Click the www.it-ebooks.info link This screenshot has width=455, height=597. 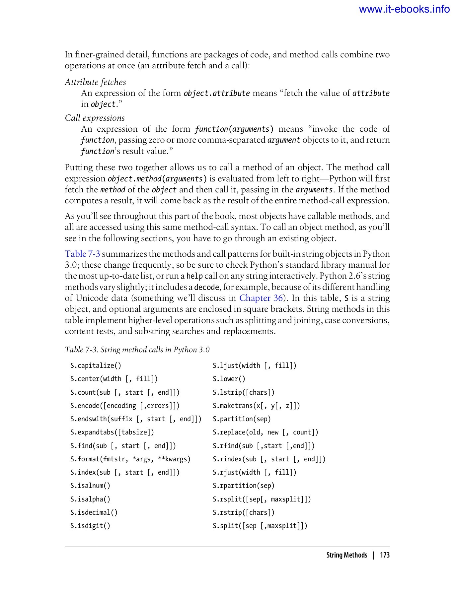404,9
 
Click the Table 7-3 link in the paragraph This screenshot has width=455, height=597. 82,254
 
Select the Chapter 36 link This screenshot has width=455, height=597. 261,298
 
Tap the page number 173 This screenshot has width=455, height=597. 385,555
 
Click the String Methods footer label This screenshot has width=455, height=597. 347,555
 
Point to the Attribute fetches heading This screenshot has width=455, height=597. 95,82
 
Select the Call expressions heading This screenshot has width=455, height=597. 95,118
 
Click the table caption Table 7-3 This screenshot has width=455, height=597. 137,350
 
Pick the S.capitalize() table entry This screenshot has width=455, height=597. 96,366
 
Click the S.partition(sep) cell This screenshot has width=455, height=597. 242,419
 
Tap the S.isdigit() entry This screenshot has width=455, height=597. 90,526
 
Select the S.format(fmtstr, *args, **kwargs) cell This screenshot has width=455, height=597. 130,459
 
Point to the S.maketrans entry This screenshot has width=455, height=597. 256,406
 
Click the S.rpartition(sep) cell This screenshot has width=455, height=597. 243,486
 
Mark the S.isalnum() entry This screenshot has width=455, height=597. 90,486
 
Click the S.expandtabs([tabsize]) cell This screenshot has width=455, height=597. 112,432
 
